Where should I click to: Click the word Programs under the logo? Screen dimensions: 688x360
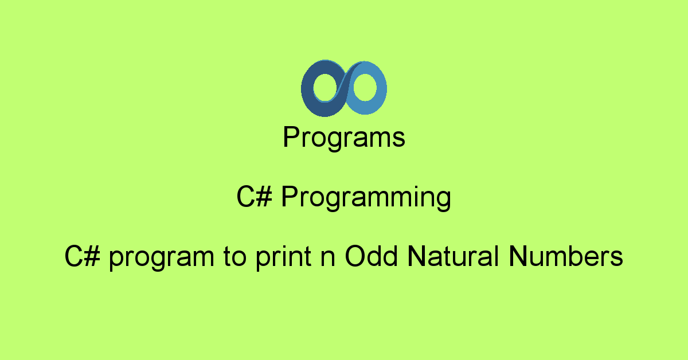point(344,138)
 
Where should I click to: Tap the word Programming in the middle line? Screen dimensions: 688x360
point(366,198)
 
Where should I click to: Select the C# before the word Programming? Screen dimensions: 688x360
point(255,197)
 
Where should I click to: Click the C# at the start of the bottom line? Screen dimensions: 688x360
point(83,256)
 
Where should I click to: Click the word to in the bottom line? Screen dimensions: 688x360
point(235,256)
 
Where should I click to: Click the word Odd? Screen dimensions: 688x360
point(371,256)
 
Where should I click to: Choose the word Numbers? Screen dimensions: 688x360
point(566,256)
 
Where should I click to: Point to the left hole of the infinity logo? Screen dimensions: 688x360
point(325,88)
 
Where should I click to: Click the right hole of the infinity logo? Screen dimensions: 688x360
point(365,88)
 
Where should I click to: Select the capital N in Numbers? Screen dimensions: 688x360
point(518,256)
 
